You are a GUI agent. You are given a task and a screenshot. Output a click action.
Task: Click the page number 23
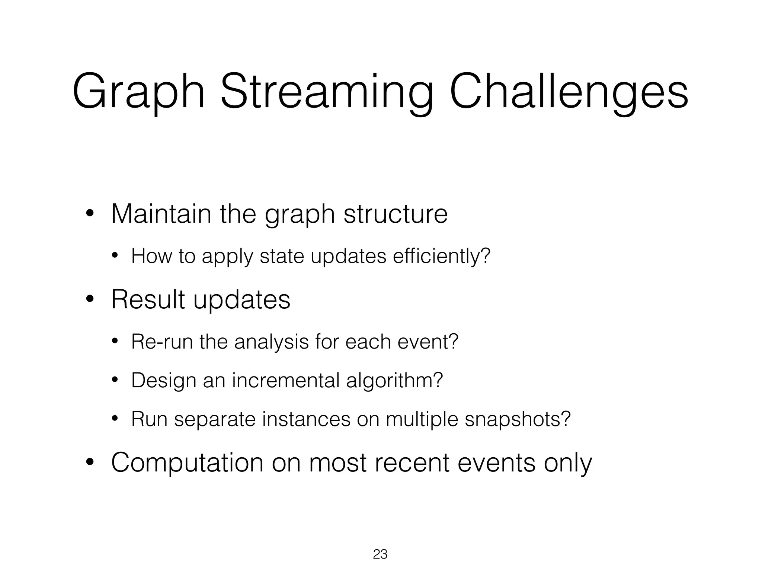[x=380, y=554]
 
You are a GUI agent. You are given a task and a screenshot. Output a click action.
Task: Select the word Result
[x=148, y=299]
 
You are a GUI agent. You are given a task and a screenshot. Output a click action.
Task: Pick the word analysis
[x=271, y=342]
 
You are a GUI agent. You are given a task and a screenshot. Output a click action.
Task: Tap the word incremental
[x=285, y=380]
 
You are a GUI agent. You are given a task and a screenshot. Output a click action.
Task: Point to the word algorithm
[x=394, y=381]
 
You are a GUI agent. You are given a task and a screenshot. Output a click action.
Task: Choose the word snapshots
[x=517, y=420]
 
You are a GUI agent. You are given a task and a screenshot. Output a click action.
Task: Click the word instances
[x=306, y=419]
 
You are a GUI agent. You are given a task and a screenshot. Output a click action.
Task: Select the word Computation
[x=187, y=463]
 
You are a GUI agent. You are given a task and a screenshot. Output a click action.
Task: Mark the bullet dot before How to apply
[x=115, y=256]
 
